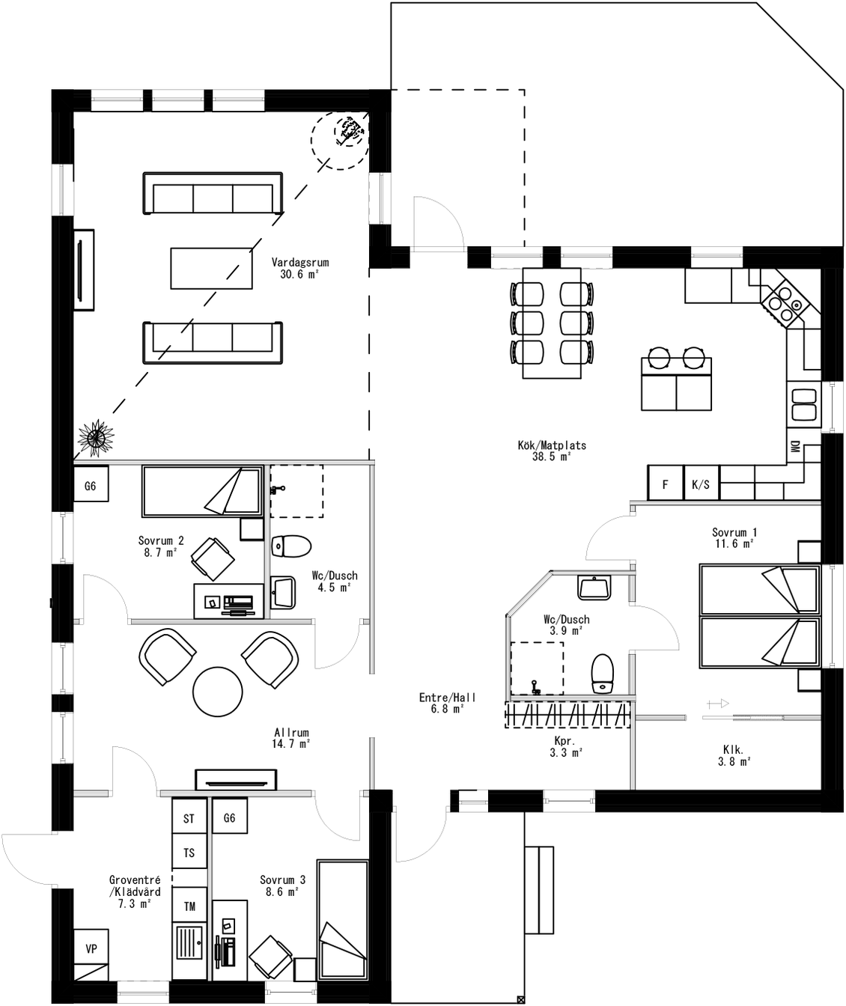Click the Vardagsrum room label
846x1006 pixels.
pyautogui.click(x=300, y=269)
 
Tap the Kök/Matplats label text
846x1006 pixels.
pyautogui.click(x=552, y=451)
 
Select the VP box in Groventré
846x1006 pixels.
pyautogui.click(x=91, y=948)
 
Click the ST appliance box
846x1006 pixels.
pyautogui.click(x=189, y=818)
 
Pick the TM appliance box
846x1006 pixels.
pyautogui.click(x=189, y=906)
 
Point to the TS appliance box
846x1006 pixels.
pyautogui.click(x=189, y=853)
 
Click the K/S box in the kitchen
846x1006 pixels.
pyautogui.click(x=701, y=484)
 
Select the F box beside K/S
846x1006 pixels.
pyautogui.click(x=665, y=484)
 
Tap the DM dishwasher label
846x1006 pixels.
pyautogui.click(x=794, y=447)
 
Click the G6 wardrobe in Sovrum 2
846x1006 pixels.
pyautogui.click(x=91, y=486)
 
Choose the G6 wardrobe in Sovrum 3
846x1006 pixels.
pyautogui.click(x=229, y=818)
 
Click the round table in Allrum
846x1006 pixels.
pyautogui.click(x=218, y=691)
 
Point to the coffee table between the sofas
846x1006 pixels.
pyautogui.click(x=213, y=268)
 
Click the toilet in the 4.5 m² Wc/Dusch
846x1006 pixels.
pyautogui.click(x=290, y=546)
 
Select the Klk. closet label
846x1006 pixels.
pyautogui.click(x=733, y=754)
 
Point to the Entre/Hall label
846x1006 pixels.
pyautogui.click(x=447, y=703)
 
